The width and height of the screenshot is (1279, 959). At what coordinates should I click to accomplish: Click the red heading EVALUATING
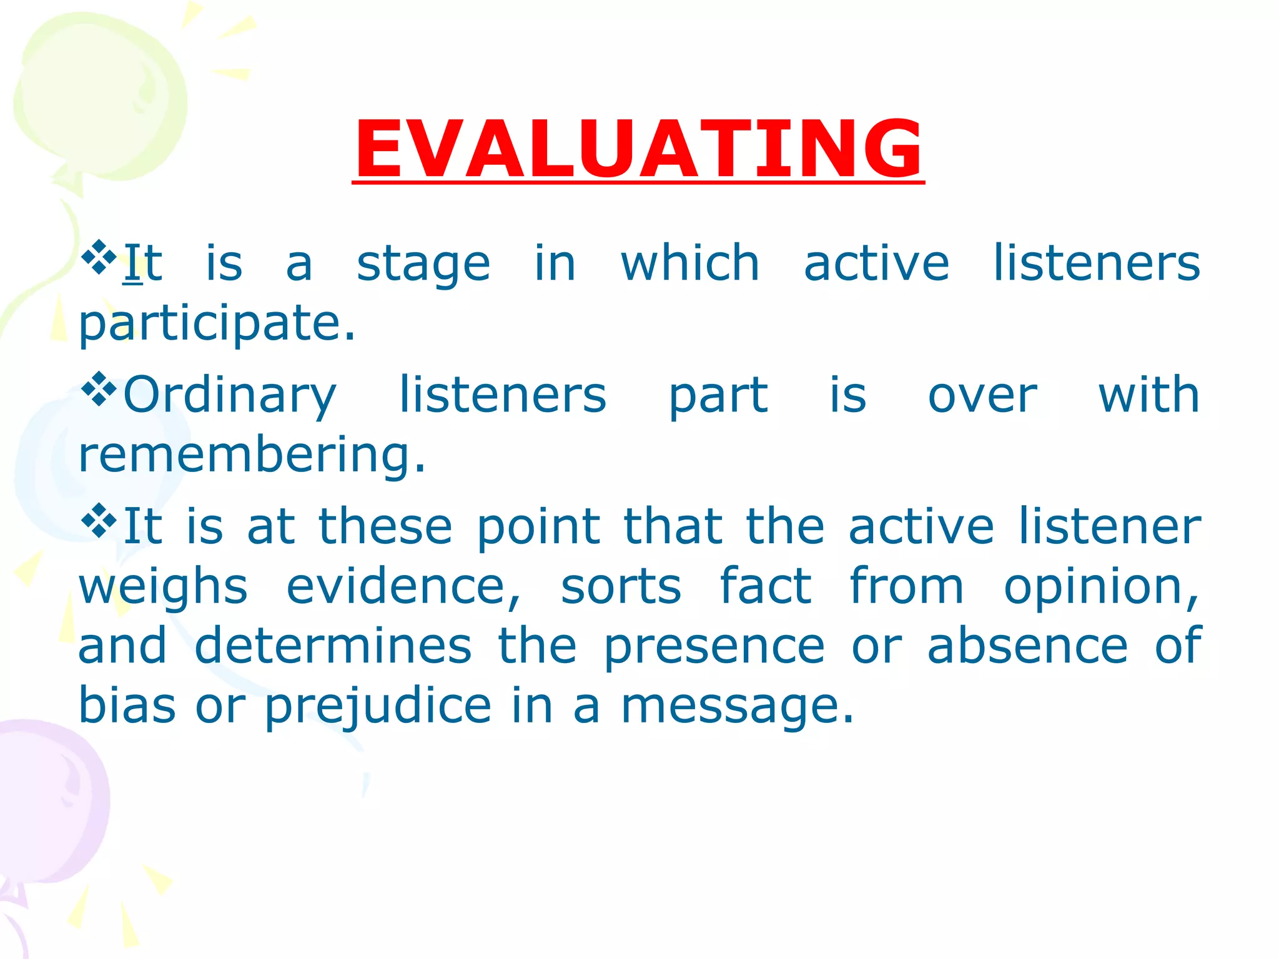point(638,150)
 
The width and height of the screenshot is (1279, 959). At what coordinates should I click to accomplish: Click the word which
point(689,263)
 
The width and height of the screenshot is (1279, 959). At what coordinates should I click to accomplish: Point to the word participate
point(217,324)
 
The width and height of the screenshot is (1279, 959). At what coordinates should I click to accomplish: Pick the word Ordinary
point(230,396)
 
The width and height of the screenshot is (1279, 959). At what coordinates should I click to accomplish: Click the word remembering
point(252,455)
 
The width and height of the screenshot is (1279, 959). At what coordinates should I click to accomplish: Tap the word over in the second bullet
point(982,396)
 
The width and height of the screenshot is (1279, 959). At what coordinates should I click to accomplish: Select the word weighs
point(163,588)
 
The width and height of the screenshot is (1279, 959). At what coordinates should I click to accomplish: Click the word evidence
point(403,587)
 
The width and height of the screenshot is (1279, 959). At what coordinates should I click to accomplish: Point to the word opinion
point(1100,588)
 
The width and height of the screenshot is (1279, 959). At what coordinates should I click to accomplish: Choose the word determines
point(333,646)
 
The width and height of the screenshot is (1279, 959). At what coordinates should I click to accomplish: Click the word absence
point(1027,646)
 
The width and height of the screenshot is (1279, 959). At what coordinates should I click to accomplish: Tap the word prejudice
point(378,707)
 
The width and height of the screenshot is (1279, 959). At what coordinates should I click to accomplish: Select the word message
point(737,707)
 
